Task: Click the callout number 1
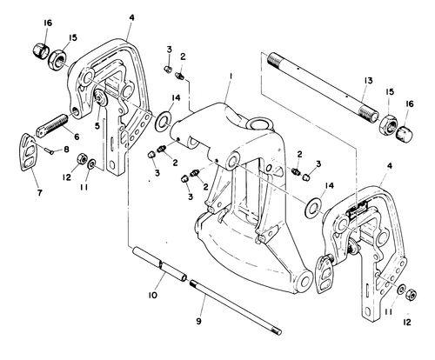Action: coord(231,77)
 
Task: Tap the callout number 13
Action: coord(368,80)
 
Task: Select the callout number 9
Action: coord(198,321)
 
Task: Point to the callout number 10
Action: coord(152,295)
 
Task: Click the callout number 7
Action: coord(39,192)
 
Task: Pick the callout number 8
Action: coord(66,150)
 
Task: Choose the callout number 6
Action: coord(77,137)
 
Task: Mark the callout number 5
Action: coord(97,125)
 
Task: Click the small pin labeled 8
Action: coord(50,150)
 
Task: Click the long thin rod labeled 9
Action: coord(235,307)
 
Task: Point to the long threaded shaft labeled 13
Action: coord(323,85)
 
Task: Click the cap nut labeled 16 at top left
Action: coord(41,50)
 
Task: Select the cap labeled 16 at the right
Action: coord(405,133)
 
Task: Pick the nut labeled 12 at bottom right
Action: coord(412,295)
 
